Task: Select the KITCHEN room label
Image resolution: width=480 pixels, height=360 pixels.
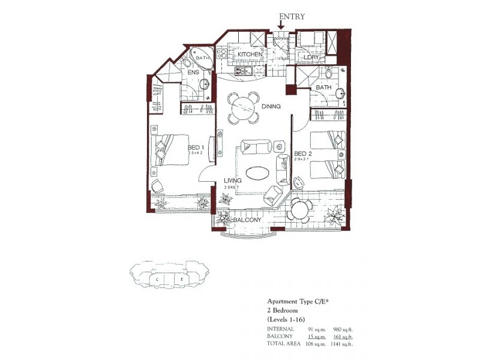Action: click(x=250, y=55)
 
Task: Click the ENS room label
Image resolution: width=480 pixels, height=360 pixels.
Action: click(x=193, y=73)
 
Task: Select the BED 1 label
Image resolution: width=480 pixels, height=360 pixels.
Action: click(x=196, y=148)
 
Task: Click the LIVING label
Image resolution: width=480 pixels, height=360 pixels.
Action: click(x=233, y=180)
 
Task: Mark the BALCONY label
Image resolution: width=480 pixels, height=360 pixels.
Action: click(x=247, y=220)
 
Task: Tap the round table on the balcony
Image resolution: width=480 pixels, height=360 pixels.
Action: click(x=299, y=210)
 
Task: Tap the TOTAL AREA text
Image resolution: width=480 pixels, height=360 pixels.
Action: click(x=284, y=343)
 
